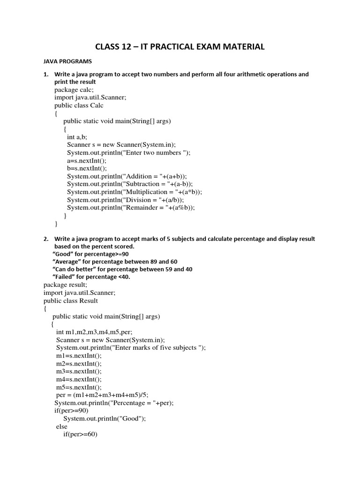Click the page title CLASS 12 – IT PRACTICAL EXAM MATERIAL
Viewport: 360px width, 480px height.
pos(180,46)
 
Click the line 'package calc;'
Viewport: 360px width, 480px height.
pos(74,90)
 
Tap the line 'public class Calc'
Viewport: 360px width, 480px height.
pos(79,105)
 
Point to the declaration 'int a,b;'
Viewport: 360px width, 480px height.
pos(77,137)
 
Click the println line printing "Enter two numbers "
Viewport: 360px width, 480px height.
pos(128,153)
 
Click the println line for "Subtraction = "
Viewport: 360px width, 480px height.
pos(130,184)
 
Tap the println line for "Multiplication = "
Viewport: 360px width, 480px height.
pos(135,192)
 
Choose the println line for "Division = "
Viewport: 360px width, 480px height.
pos(125,200)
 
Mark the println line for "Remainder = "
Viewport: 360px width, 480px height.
pos(131,208)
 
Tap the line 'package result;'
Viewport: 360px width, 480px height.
pos(65,285)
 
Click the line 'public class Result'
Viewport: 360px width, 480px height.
pos(71,300)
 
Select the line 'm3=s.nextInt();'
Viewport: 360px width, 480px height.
pos(78,371)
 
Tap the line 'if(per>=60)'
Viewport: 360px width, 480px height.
pos(80,435)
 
